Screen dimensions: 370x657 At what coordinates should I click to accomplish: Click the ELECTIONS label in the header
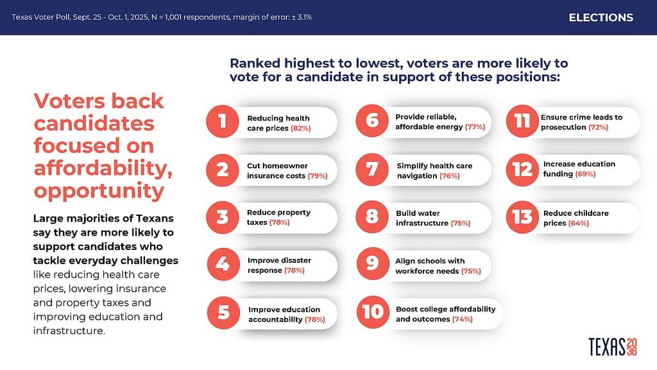[x=601, y=17]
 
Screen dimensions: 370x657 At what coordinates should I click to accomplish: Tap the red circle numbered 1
[x=222, y=122]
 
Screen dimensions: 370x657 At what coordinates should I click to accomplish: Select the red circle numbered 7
[x=371, y=170]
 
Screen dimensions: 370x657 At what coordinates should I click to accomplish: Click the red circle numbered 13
[x=522, y=217]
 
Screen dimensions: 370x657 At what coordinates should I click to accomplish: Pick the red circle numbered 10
[x=373, y=313]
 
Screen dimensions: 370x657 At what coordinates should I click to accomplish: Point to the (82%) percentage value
[x=300, y=128]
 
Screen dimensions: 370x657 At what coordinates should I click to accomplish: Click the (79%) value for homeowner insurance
[x=318, y=175]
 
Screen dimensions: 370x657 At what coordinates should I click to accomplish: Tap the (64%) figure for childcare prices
[x=579, y=223]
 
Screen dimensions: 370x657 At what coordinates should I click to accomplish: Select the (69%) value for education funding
[x=584, y=174]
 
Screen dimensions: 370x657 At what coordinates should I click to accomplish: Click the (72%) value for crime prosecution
[x=598, y=127]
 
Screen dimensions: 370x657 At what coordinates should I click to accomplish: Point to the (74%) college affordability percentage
[x=462, y=319]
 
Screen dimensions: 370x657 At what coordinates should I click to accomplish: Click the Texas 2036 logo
[x=613, y=346]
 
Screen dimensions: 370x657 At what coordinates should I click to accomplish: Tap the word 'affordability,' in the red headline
[x=99, y=168]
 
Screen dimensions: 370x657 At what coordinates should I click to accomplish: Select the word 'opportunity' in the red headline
[x=99, y=191]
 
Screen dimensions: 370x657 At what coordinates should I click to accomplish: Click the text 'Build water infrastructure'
[x=425, y=218]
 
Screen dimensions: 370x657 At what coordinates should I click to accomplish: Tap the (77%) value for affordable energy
[x=475, y=127]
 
